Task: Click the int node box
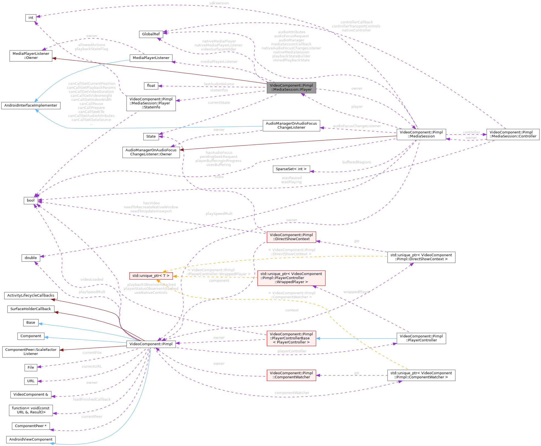31,18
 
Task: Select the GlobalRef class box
151,34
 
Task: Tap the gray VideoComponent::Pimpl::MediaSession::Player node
291,87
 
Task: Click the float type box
151,86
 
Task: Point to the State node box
151,137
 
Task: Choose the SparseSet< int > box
291,169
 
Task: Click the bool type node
31,200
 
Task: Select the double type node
31,258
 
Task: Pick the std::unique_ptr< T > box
151,276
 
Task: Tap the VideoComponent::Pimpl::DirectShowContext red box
291,237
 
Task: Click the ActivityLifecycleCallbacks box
31,296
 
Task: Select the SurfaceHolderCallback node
31,309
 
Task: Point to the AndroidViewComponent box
31,439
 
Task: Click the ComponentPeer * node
31,426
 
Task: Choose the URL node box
31,381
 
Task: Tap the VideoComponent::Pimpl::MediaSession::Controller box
513,134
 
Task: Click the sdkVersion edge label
219,3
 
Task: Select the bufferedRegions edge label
357,162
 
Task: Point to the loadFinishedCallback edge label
92,399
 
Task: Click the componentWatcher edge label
292,393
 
